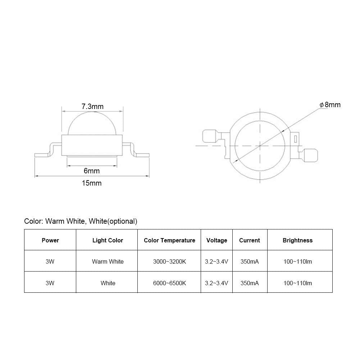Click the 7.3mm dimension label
92,106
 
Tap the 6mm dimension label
92,171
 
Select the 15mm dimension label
92,183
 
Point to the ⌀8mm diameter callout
330,105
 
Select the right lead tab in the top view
310,155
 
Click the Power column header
50,240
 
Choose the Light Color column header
108,240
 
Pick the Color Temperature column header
169,240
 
